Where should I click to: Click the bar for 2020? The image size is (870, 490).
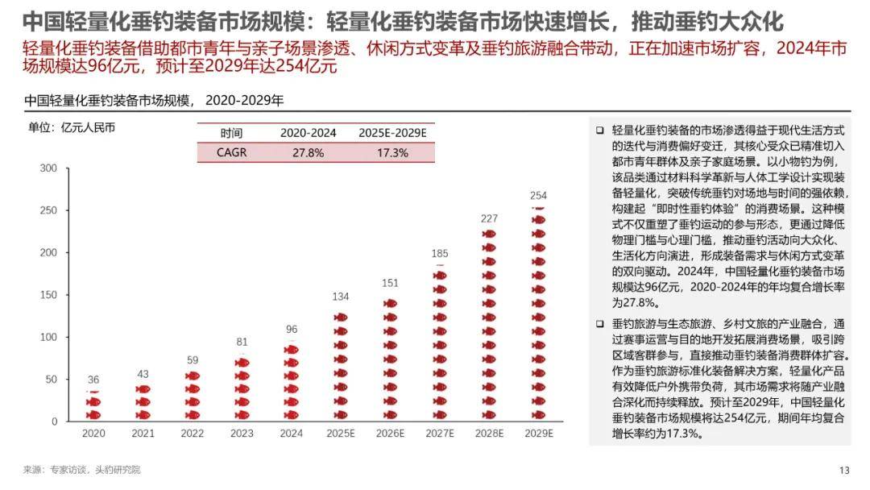(93, 405)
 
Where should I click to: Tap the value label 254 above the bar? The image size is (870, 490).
(539, 196)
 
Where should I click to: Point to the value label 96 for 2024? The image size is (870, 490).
(292, 329)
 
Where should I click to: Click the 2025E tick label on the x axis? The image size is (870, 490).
(341, 434)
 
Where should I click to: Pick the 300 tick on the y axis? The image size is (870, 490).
(48, 168)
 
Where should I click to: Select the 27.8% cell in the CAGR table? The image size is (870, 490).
(309, 152)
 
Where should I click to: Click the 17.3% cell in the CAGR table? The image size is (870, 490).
(392, 152)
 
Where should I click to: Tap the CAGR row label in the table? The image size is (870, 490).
(231, 152)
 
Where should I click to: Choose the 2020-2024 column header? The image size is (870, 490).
(309, 133)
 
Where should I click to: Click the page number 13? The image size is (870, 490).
(844, 471)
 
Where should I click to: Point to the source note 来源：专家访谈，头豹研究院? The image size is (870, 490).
(81, 470)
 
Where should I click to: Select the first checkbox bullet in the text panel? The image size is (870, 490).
(599, 131)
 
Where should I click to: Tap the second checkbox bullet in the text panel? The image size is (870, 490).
(599, 324)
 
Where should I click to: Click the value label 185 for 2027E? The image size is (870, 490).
(440, 254)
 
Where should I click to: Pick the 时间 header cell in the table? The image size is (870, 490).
(231, 133)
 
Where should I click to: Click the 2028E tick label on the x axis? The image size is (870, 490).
(489, 434)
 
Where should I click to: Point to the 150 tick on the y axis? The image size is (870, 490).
(48, 295)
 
